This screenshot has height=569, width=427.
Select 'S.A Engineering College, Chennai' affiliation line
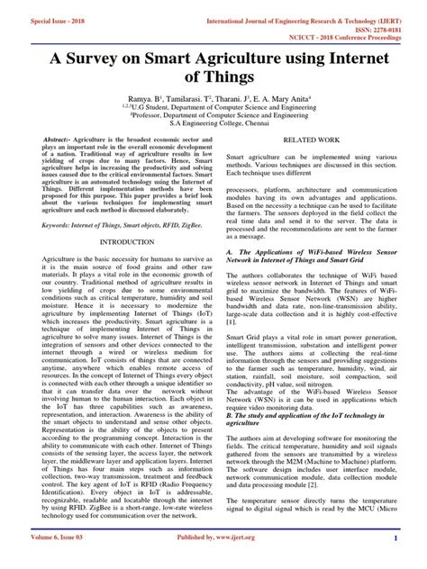(x=213, y=129)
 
